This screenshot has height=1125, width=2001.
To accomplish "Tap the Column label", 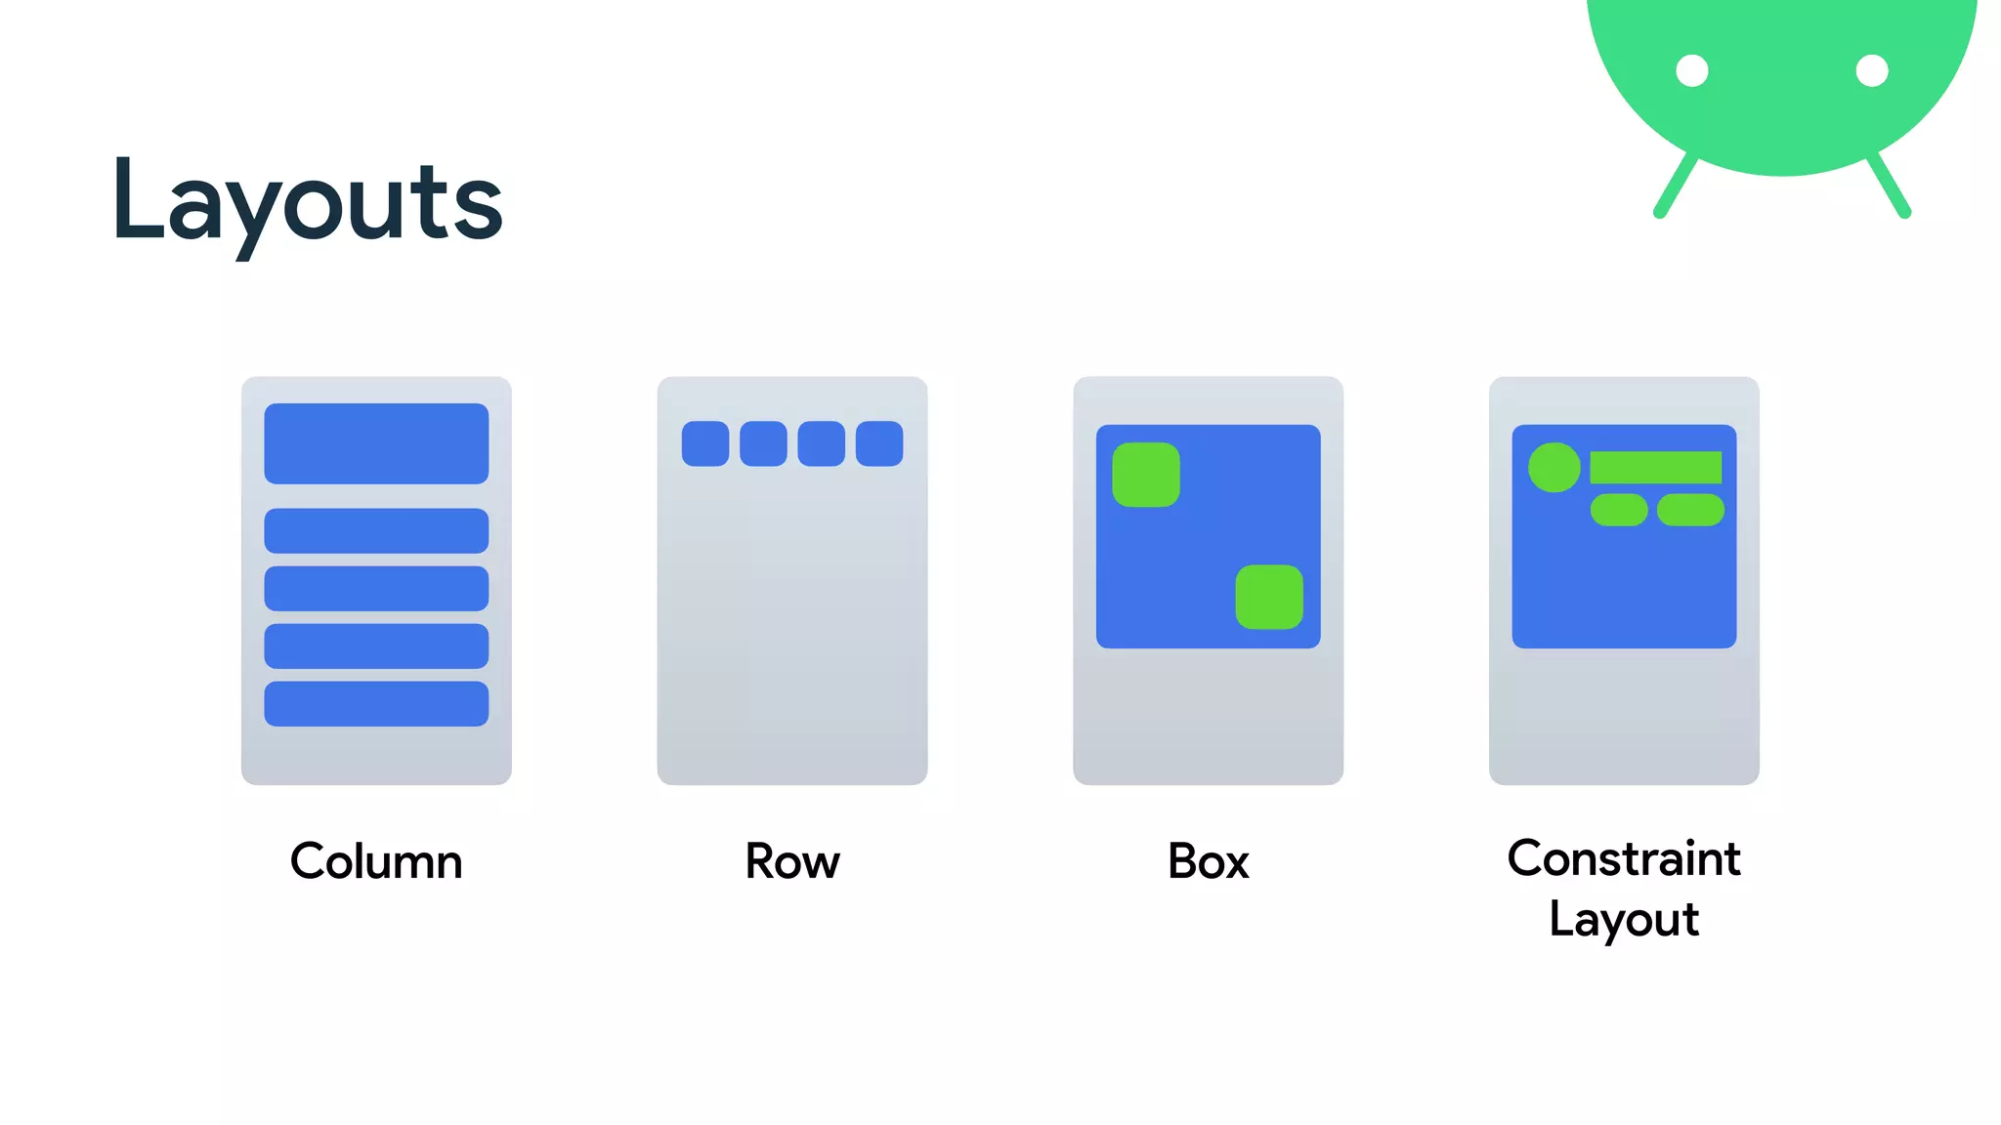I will (x=376, y=861).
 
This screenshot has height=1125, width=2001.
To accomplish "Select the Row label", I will (x=792, y=861).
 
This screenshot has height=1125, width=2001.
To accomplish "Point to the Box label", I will (x=1209, y=861).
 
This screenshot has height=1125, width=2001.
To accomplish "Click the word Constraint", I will (x=1624, y=858).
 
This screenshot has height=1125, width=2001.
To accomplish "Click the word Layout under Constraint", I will (x=1624, y=919).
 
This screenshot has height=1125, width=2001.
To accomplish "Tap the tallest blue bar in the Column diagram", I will (x=376, y=443).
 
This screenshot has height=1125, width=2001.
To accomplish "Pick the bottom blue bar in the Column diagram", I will (x=376, y=703).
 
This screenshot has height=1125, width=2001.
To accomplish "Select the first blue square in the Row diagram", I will (x=705, y=443).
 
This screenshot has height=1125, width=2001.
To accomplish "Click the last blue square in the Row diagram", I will (x=879, y=443).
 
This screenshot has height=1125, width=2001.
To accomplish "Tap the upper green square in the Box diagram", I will (x=1146, y=475).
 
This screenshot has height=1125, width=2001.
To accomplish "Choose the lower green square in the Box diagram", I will (x=1269, y=597).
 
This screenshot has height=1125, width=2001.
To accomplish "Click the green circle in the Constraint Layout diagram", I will (x=1554, y=468).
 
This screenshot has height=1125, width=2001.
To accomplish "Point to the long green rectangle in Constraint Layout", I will (x=1656, y=467).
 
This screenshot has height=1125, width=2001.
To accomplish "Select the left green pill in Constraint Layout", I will (x=1619, y=510).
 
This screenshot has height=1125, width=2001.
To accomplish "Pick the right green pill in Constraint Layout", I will (x=1690, y=510).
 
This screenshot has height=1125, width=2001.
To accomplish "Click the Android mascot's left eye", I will (x=1692, y=71).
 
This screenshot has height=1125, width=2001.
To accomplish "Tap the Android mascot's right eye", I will (x=1872, y=71).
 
